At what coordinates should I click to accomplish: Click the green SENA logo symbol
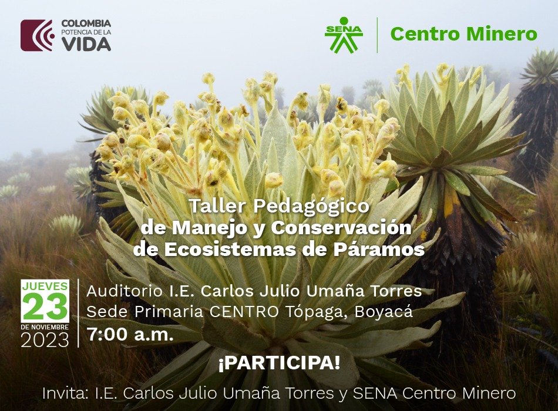point(344,35)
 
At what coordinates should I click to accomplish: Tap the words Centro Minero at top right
point(463,34)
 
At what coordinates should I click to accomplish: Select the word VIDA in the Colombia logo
point(86,44)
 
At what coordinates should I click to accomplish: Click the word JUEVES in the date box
point(45,286)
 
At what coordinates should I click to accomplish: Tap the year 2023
point(45,340)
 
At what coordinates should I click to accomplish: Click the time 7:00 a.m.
point(130,335)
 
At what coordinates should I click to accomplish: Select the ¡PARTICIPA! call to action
point(279,363)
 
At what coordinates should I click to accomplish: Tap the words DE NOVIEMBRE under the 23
point(45,326)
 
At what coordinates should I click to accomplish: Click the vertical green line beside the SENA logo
point(377,35)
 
